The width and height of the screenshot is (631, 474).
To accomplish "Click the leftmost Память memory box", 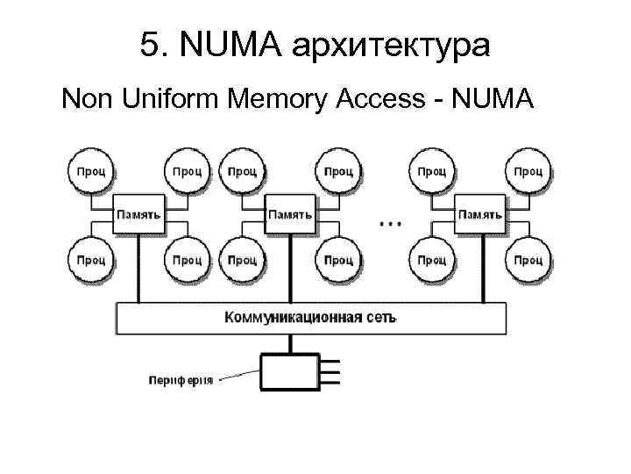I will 138,214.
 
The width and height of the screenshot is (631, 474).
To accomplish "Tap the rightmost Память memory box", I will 479,214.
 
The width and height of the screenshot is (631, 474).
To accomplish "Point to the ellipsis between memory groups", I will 390,223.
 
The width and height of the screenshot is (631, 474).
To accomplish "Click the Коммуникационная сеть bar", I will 311,317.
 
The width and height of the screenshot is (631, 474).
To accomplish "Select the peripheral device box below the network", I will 288,371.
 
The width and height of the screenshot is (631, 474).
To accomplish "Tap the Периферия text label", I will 180,382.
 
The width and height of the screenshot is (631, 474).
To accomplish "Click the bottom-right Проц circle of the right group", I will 527,260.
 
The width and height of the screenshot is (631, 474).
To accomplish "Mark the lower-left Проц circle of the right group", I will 431,260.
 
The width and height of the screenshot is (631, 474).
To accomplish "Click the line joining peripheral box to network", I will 288,343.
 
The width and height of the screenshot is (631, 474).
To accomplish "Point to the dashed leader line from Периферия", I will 238,378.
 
